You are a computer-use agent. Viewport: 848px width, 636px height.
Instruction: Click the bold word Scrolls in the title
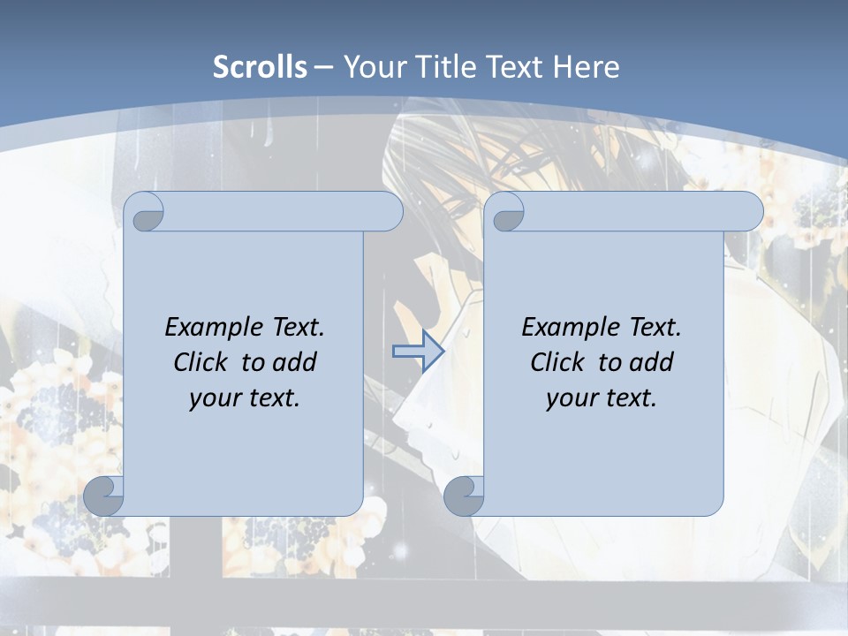[261, 67]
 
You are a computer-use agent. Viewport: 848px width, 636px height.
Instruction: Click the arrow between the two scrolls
[418, 351]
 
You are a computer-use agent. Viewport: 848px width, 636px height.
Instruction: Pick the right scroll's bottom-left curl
[464, 496]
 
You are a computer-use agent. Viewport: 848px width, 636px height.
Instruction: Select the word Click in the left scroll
[202, 362]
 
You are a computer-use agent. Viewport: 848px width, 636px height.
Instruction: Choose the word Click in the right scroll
[559, 362]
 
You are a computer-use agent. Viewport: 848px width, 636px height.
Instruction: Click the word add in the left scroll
[294, 362]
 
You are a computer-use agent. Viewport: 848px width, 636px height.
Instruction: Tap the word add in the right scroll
[651, 362]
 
